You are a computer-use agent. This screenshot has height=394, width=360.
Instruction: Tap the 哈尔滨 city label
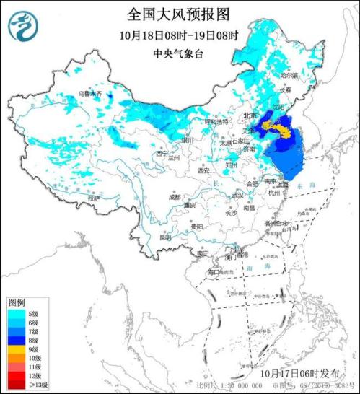click(289, 75)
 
